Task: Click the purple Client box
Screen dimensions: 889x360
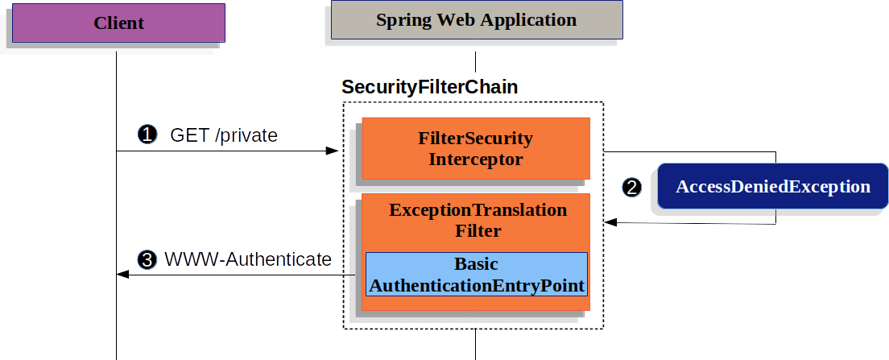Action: pyautogui.click(x=118, y=23)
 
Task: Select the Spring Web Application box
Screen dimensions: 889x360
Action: pyautogui.click(x=477, y=20)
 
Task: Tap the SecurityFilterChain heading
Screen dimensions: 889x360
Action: pyautogui.click(x=430, y=87)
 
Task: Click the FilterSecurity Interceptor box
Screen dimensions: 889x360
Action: pyautogui.click(x=476, y=148)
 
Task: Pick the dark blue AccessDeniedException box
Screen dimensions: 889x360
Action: pyautogui.click(x=772, y=187)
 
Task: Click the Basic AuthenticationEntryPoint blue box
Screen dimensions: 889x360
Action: pyautogui.click(x=476, y=275)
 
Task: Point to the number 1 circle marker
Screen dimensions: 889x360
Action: pyautogui.click(x=147, y=135)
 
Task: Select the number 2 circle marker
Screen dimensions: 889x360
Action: pyautogui.click(x=631, y=187)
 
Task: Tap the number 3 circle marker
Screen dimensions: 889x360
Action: pyautogui.click(x=147, y=259)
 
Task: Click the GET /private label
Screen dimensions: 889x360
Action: pyautogui.click(x=224, y=135)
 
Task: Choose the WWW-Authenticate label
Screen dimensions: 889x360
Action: pyautogui.click(x=248, y=259)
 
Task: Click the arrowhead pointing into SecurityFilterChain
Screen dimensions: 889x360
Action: pyautogui.click(x=333, y=151)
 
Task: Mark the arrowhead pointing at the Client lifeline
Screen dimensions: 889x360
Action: pyautogui.click(x=123, y=275)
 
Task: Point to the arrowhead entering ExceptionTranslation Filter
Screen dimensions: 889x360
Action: pyautogui.click(x=611, y=222)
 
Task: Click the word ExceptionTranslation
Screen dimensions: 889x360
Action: pyautogui.click(x=478, y=209)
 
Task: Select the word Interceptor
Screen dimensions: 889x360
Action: pyautogui.click(x=476, y=159)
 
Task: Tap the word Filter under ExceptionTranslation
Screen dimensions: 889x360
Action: pyautogui.click(x=478, y=231)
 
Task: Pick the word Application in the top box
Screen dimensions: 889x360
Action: pyautogui.click(x=523, y=21)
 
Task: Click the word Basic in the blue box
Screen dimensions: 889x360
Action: pyautogui.click(x=476, y=264)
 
